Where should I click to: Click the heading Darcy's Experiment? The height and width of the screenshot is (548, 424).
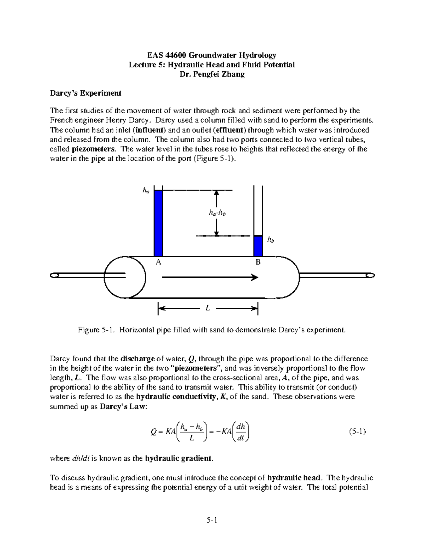point(85,93)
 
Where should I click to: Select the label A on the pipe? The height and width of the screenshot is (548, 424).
point(159,262)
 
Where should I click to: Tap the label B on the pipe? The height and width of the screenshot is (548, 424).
point(258,262)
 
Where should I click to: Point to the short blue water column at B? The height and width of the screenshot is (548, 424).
point(258,246)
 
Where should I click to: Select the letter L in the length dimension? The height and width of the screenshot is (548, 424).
point(208,308)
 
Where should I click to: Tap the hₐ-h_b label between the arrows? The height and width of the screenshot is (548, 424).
point(217,213)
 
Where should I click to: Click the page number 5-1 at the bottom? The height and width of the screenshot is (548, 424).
point(212,520)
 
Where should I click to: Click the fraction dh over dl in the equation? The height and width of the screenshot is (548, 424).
point(241,432)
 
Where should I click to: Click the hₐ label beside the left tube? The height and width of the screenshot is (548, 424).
point(146,190)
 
